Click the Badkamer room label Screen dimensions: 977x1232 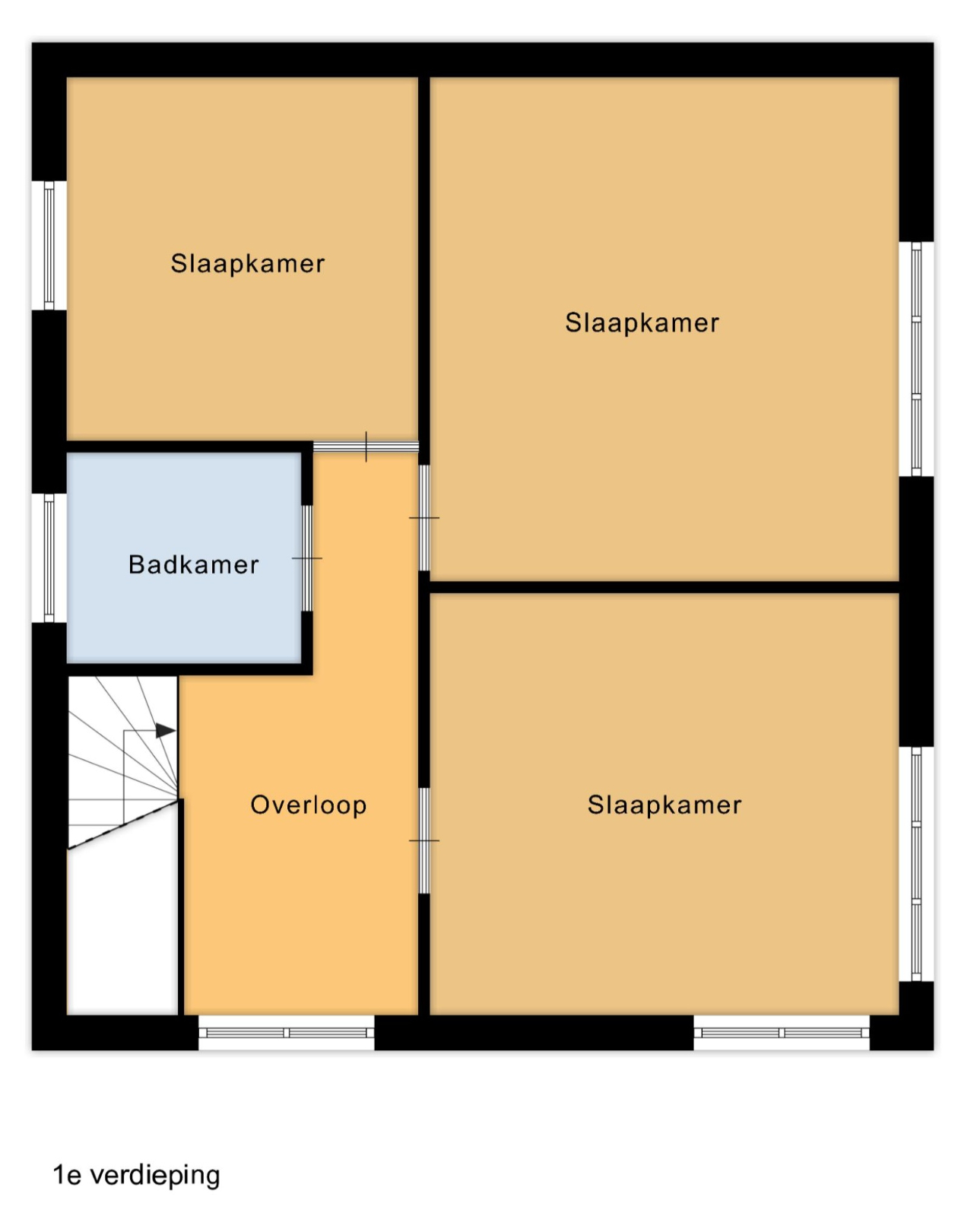[x=193, y=565]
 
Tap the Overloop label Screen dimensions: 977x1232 [x=309, y=805]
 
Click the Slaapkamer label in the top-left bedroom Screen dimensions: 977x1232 [x=248, y=264]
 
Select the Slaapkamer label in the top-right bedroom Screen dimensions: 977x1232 [x=642, y=323]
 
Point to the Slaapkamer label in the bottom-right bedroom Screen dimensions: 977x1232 [x=665, y=805]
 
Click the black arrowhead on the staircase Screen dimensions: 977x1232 [x=166, y=731]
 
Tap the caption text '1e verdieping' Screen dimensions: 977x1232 [x=136, y=1175]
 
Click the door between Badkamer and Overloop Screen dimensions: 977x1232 [x=307, y=558]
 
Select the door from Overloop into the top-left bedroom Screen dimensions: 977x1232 [x=366, y=447]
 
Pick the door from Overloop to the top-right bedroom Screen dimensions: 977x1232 [x=424, y=518]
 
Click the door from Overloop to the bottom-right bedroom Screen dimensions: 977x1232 [x=424, y=840]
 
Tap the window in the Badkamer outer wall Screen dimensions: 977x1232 [x=49, y=558]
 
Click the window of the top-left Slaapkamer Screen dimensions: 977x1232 [x=49, y=246]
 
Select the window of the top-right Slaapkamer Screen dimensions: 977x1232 [x=916, y=359]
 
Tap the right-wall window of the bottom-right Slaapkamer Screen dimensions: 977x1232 [x=916, y=864]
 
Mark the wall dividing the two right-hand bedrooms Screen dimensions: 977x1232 [x=664, y=587]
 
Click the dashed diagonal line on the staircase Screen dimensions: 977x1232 [x=123, y=824]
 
